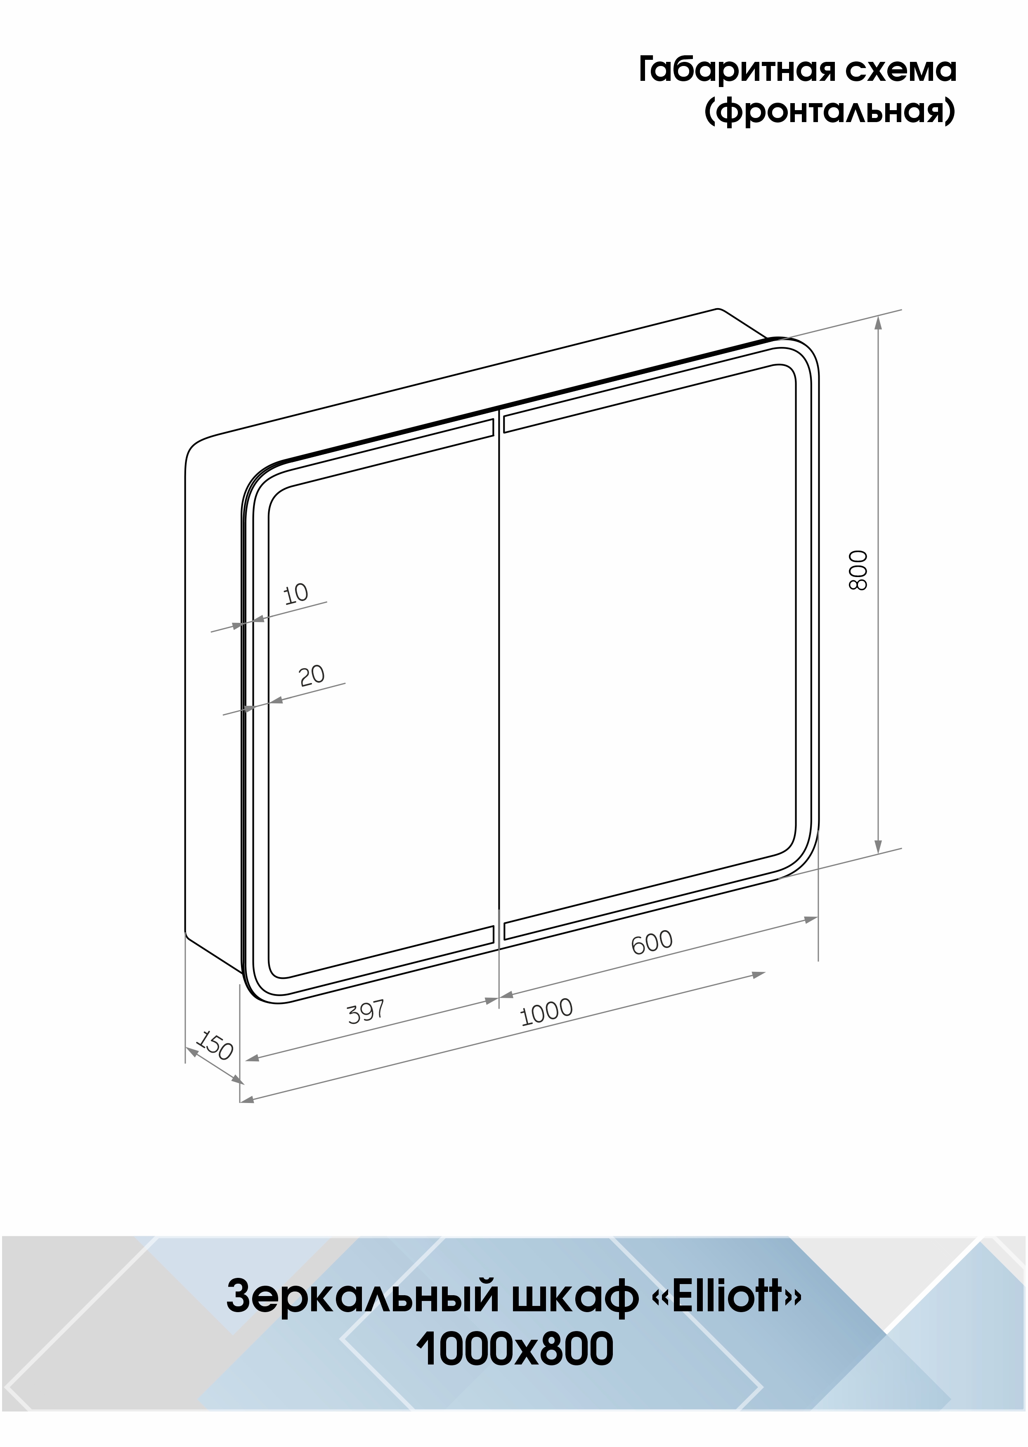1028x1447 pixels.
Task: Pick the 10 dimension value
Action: [295, 594]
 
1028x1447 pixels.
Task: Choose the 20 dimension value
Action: [312, 675]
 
